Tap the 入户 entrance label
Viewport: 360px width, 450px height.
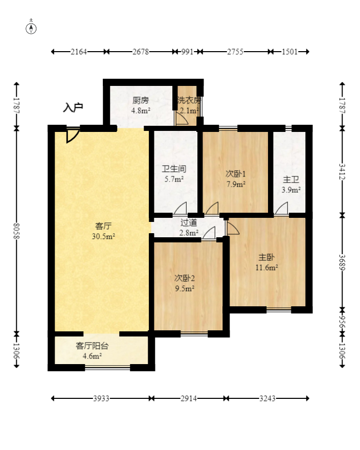click(73, 107)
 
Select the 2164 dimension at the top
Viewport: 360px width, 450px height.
click(79, 52)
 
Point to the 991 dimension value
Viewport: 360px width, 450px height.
click(187, 52)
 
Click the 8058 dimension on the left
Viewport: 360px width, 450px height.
click(16, 231)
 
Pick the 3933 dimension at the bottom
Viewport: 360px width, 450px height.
click(101, 398)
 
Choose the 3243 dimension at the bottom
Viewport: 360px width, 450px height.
click(267, 398)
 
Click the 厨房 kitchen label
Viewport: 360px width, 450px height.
click(141, 100)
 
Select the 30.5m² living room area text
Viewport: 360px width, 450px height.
click(103, 236)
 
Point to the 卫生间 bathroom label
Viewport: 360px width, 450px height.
click(174, 169)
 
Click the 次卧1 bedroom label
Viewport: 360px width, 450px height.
click(235, 174)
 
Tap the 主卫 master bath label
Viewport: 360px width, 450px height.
click(291, 179)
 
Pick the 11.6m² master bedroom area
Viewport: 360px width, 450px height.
click(267, 267)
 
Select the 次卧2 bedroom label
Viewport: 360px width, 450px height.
click(185, 278)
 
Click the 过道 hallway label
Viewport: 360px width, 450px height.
click(189, 222)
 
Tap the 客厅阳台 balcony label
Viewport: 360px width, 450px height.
click(92, 346)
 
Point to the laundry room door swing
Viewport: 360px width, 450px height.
click(181, 119)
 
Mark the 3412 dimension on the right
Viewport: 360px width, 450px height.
click(342, 172)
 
